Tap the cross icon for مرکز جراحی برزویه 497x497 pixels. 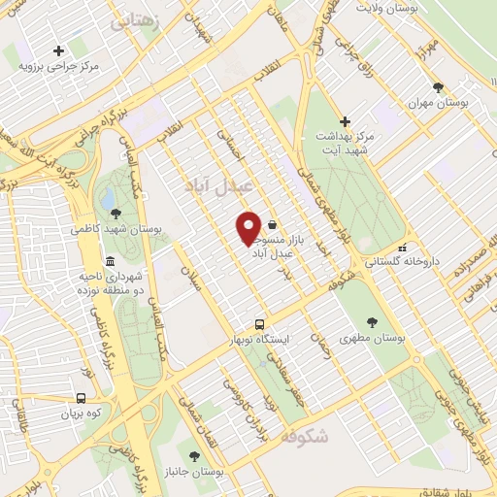coord(58,50)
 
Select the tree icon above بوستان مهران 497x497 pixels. coord(438,86)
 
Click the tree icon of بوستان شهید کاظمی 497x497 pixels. coord(116,214)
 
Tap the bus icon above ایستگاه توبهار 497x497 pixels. coord(258,324)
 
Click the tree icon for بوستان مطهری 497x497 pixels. coord(373,322)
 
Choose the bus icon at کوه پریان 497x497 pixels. coord(81,398)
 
